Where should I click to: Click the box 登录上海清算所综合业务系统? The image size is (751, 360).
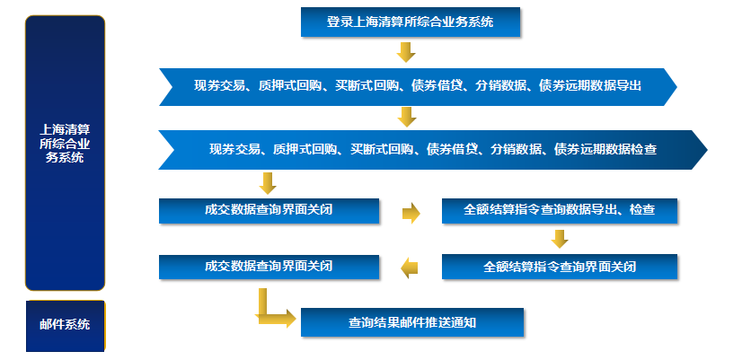(410, 20)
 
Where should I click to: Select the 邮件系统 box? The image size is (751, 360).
(65, 324)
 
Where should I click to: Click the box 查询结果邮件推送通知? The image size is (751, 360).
(411, 321)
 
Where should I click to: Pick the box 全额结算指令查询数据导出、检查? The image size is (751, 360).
(559, 211)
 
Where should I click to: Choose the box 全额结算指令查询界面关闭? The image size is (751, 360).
(559, 267)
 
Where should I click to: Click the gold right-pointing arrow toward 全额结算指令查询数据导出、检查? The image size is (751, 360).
(411, 213)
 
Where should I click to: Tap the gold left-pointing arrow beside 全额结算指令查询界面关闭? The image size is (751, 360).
(410, 267)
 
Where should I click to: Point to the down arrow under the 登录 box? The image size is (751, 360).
(406, 52)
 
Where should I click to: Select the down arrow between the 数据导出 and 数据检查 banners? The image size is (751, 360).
(406, 117)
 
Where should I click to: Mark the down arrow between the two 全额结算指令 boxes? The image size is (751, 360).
(560, 239)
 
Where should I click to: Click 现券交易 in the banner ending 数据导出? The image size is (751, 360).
(220, 87)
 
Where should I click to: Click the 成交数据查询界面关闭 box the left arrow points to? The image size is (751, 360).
(269, 267)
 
